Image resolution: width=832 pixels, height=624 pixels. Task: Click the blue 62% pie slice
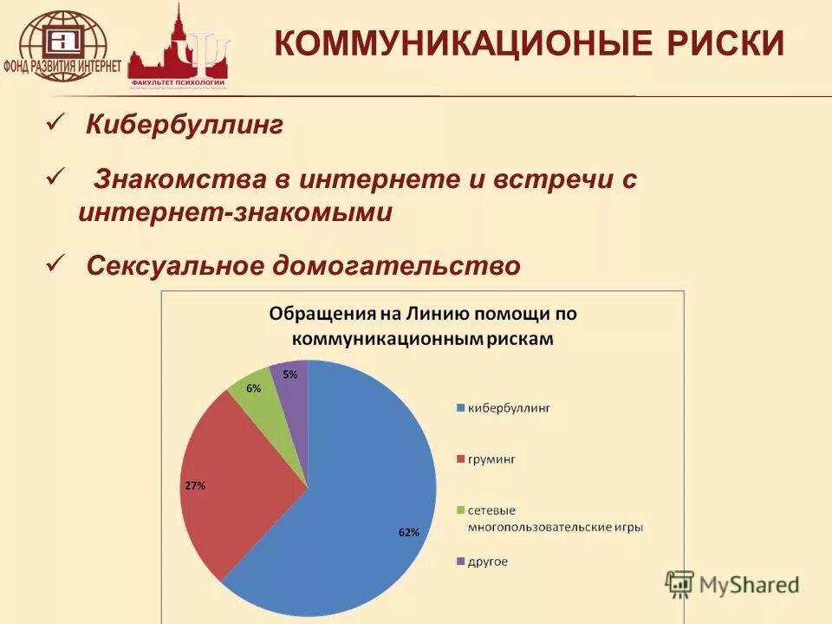coord(364,485)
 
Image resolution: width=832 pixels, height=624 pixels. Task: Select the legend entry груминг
coord(491,459)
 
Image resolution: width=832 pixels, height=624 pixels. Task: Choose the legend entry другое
coord(488,562)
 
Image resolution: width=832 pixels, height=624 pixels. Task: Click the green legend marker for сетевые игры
coord(460,510)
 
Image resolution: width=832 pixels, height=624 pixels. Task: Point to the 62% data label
coord(409,532)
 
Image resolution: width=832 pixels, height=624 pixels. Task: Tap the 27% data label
coord(194,485)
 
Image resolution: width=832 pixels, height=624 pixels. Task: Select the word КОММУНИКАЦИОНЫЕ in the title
coord(446,43)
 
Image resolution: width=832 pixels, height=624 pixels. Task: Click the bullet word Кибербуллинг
coord(185,127)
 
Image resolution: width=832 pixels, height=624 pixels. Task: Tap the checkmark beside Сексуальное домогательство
coord(55,263)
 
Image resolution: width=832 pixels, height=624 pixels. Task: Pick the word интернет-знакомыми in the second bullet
coord(235,212)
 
